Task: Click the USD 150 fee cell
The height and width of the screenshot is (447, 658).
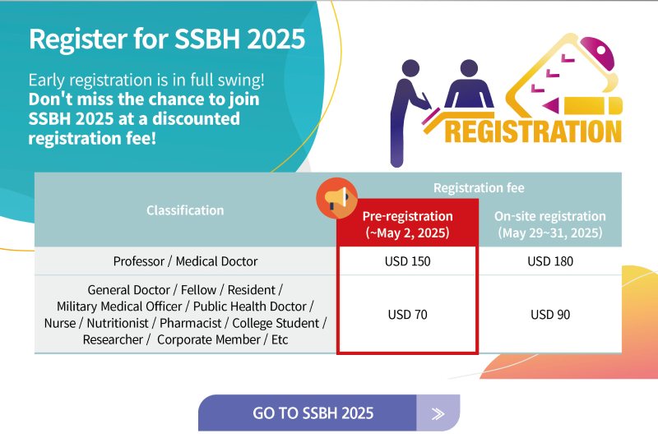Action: pos(407,261)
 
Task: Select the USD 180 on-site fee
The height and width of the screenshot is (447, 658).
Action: pos(550,261)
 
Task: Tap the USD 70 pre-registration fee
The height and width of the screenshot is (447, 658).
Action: pos(407,315)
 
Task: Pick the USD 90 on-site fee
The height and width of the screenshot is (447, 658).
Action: pos(550,315)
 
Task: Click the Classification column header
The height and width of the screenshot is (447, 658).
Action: pos(185,210)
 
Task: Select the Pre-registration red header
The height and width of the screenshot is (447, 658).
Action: pos(407,224)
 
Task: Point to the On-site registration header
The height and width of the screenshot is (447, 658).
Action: pos(550,224)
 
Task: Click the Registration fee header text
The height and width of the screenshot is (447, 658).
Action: pos(479,187)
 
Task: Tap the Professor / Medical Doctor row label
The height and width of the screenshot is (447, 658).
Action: pos(185,261)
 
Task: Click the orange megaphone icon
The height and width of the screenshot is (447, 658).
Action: pos(336,198)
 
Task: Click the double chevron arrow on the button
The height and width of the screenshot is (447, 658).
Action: pos(438,414)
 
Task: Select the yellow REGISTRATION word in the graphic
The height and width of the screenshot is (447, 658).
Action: pos(533,131)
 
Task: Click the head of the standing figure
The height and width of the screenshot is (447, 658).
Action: pos(410,68)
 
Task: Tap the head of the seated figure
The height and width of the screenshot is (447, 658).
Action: pos(469,68)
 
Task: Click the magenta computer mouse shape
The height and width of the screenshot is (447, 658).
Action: pos(598,53)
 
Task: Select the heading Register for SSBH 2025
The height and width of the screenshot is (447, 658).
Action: pos(167,39)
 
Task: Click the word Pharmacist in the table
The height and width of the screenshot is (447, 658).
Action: pos(191,323)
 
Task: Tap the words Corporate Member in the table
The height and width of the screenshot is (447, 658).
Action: pos(209,339)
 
